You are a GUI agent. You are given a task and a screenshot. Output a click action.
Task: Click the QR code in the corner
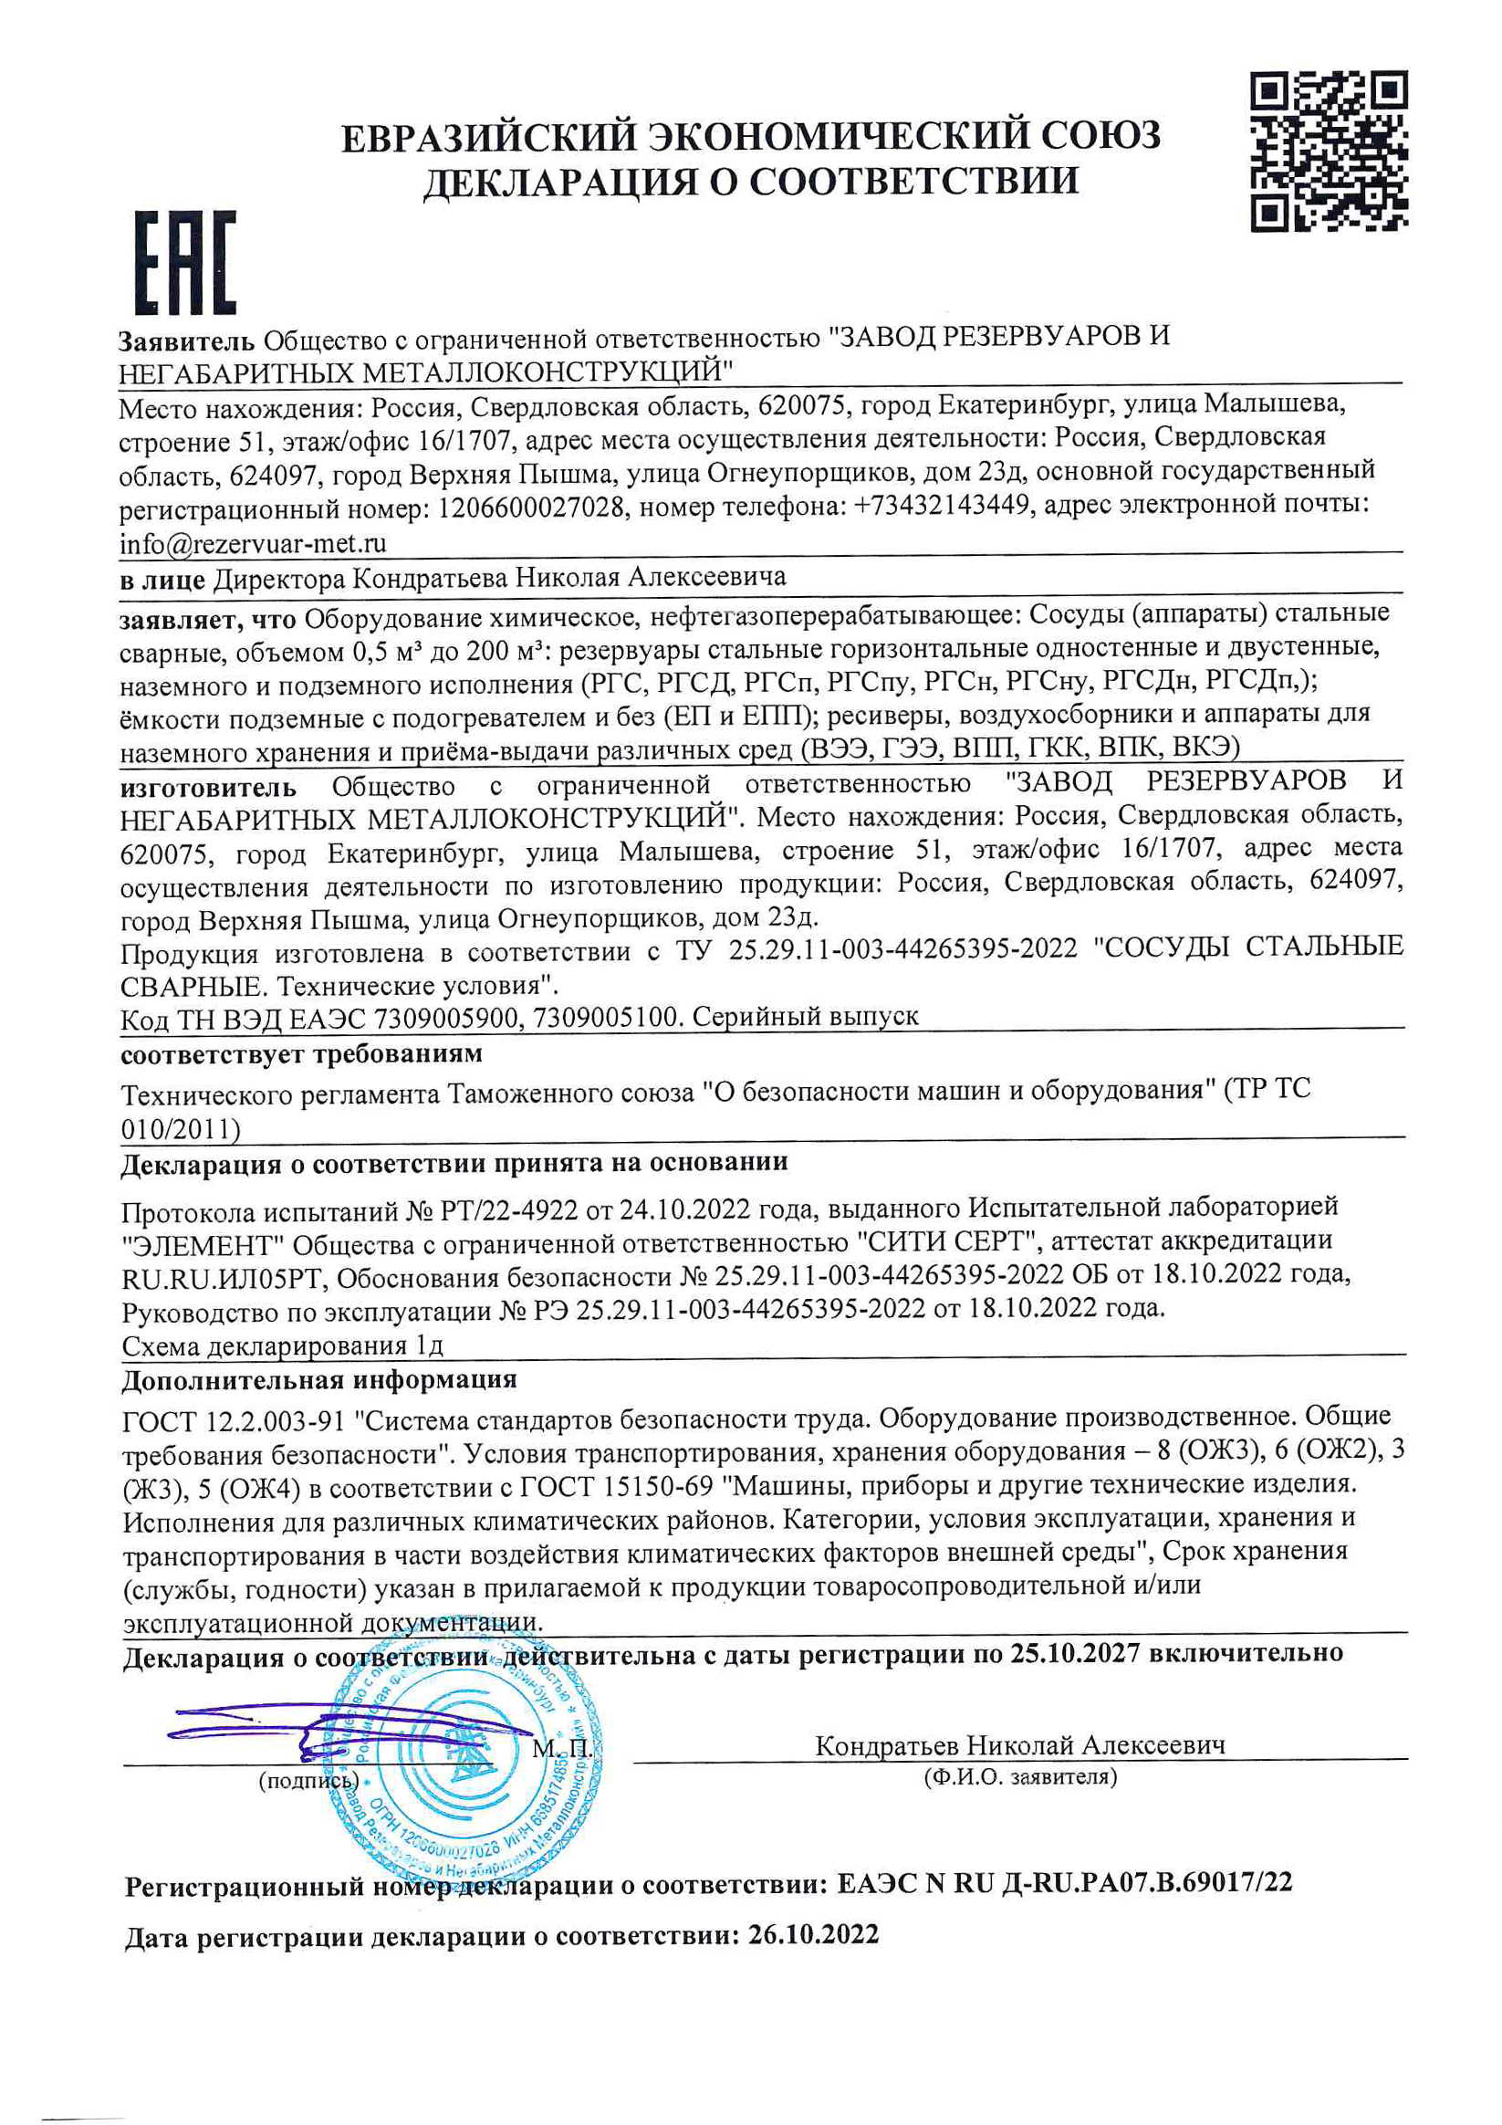1329,151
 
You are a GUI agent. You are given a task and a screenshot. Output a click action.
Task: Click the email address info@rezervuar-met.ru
253,543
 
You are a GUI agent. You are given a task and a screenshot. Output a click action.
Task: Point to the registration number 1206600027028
530,508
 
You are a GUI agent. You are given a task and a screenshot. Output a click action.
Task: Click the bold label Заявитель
186,341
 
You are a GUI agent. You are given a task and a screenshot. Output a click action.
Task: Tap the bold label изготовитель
208,788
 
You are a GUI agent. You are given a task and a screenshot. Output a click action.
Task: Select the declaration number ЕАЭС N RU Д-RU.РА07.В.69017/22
1064,1882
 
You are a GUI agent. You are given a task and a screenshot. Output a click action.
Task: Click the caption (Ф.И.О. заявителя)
1020,1776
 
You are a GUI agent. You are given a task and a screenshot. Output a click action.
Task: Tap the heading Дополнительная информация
319,1380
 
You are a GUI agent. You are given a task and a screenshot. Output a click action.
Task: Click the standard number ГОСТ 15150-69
616,1486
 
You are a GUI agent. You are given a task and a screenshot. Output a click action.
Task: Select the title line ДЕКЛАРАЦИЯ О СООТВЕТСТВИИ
750,182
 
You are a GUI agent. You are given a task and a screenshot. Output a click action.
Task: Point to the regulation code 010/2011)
181,1129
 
